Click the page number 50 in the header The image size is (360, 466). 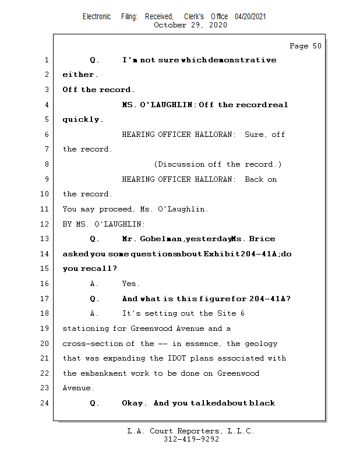[x=316, y=46]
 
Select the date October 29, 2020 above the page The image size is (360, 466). [x=190, y=25]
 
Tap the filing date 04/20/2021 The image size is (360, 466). [x=250, y=17]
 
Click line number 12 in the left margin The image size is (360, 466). [x=45, y=224]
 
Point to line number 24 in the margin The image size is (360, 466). [x=45, y=403]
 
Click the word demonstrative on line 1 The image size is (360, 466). [x=242, y=60]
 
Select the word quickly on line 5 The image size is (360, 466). [x=83, y=119]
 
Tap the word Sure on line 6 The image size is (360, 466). [x=254, y=135]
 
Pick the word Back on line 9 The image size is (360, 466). [x=254, y=179]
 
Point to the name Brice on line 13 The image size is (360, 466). [x=262, y=239]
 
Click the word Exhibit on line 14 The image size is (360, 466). [x=221, y=254]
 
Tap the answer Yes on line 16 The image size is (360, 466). [x=130, y=284]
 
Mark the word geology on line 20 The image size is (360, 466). [x=260, y=344]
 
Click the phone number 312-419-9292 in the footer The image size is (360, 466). [x=190, y=439]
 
